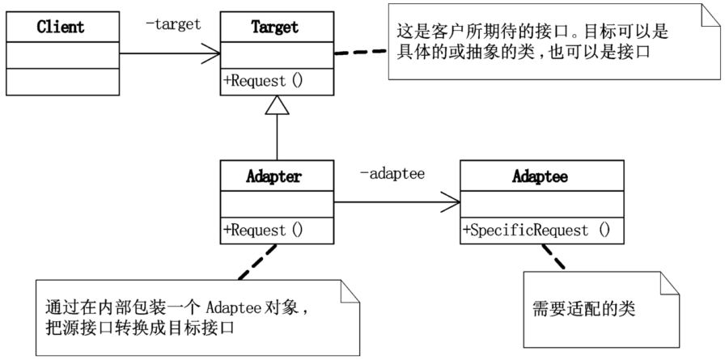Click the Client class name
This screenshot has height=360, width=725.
(61, 27)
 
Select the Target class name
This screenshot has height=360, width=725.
(275, 27)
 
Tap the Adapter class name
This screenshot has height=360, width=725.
(273, 176)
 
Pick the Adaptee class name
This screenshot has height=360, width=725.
(540, 176)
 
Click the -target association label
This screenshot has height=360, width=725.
(173, 24)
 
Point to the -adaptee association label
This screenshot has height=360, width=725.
(392, 174)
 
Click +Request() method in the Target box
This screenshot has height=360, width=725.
(263, 82)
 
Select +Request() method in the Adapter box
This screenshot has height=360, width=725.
(263, 230)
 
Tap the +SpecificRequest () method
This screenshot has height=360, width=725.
(536, 230)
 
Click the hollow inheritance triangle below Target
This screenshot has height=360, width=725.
(277, 105)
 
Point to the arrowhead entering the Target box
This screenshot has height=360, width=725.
(211, 53)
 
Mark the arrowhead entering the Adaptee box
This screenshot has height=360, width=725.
(451, 202)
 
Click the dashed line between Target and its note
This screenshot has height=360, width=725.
(361, 53)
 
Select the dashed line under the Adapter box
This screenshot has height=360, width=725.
(257, 262)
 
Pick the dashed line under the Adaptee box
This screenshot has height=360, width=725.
(553, 256)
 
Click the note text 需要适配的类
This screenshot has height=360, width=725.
(584, 309)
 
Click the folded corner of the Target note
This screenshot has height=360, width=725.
(711, 15)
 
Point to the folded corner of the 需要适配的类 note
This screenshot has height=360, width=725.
(669, 283)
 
